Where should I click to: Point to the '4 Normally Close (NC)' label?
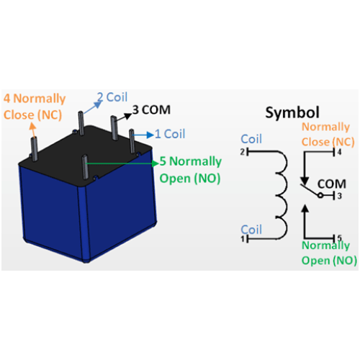click(x=34, y=105)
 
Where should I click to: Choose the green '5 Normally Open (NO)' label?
click(x=189, y=169)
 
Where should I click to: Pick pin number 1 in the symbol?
click(x=243, y=238)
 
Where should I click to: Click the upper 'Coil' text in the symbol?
click(x=251, y=139)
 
